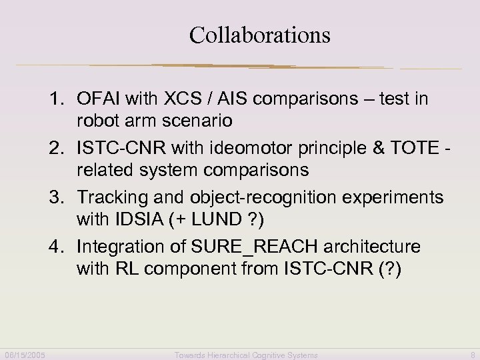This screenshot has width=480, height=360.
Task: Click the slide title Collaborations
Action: [259, 35]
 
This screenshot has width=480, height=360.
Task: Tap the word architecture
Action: [372, 247]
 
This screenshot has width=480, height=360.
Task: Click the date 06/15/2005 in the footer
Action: [25, 355]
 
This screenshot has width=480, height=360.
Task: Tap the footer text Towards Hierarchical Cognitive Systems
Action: [246, 355]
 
